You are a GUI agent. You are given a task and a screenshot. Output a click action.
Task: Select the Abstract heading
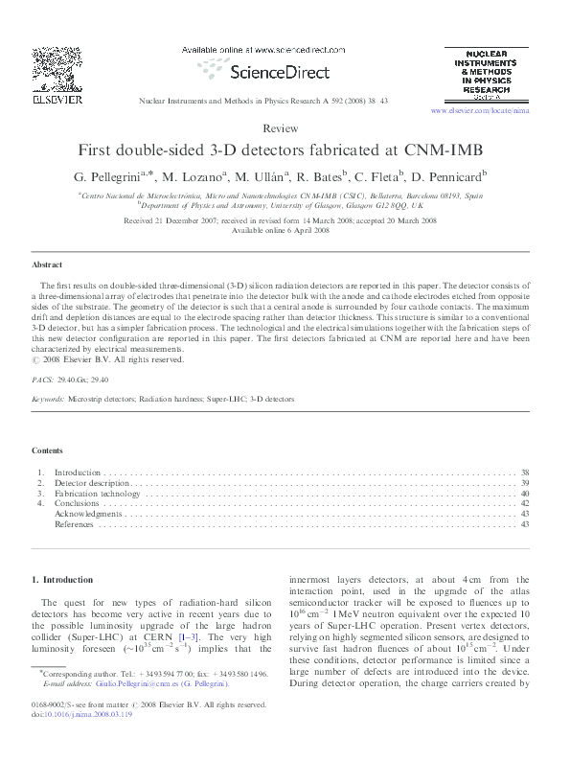coord(47,264)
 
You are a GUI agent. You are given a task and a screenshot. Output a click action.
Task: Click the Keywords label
coord(49,398)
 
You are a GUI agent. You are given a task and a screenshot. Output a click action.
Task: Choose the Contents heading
coord(48,450)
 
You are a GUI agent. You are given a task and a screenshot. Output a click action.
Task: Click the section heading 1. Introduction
coord(63,580)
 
